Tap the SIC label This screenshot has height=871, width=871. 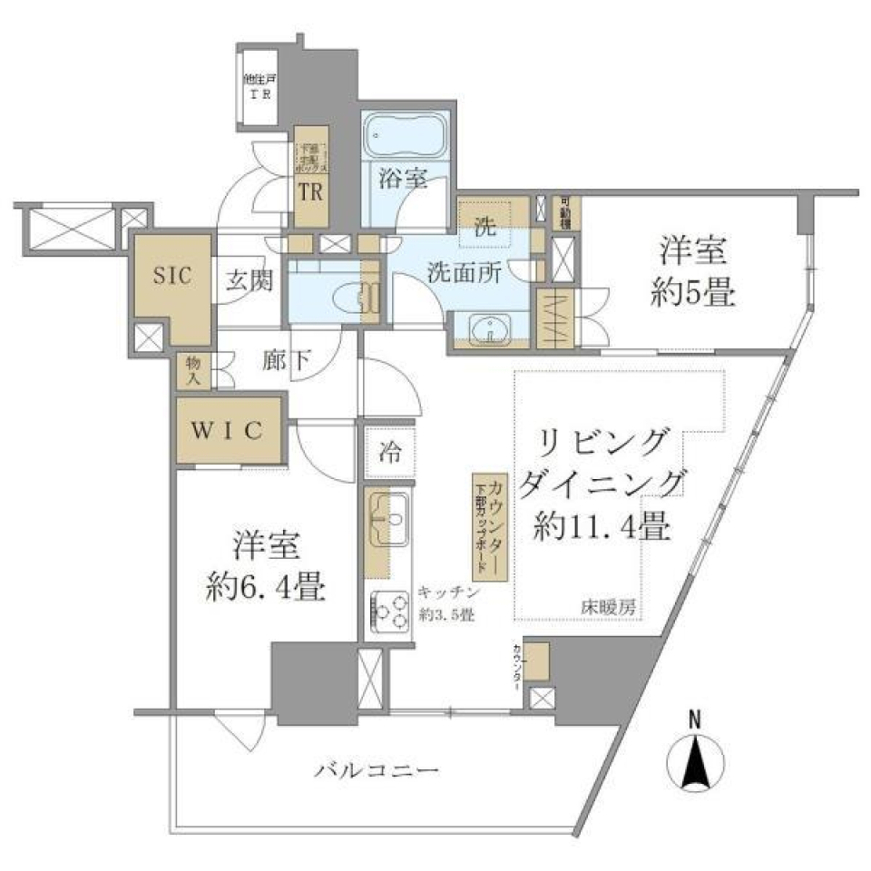point(171,276)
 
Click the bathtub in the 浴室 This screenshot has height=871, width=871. point(404,138)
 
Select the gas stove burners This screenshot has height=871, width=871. point(391,611)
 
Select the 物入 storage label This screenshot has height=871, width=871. point(193,372)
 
